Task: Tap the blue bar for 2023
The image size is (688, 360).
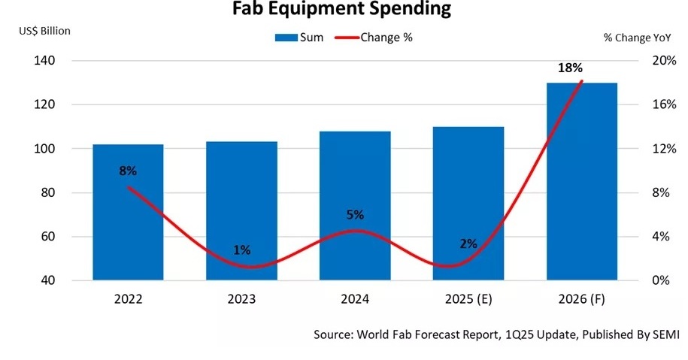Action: click(x=242, y=218)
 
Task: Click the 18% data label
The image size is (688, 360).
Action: click(x=570, y=68)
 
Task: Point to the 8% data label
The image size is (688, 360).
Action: click(x=128, y=171)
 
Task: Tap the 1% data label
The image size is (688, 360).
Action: click(x=241, y=250)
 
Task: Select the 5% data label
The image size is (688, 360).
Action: click(x=354, y=215)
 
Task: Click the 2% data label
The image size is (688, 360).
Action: click(x=468, y=244)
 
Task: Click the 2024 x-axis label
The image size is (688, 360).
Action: click(x=354, y=299)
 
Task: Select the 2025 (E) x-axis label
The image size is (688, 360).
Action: click(x=468, y=299)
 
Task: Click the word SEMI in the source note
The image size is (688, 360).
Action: click(x=666, y=334)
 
